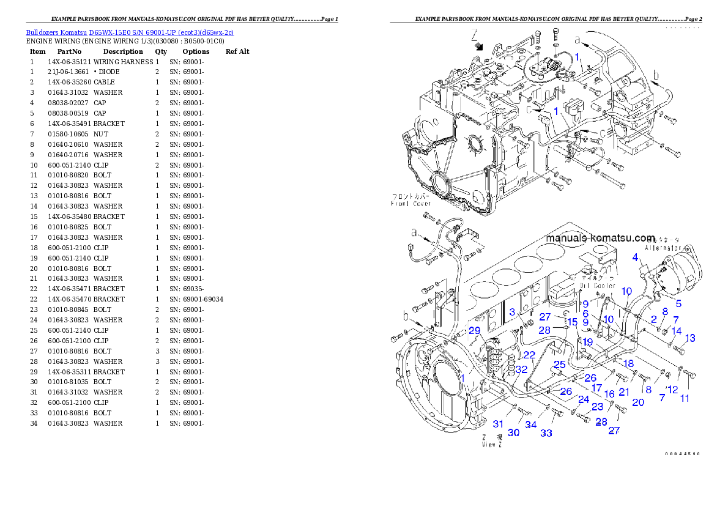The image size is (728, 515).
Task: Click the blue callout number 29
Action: tap(474, 330)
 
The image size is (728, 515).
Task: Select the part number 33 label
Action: tap(546, 433)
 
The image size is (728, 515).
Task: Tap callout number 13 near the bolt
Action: tap(690, 338)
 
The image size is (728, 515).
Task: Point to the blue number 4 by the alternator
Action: tap(636, 257)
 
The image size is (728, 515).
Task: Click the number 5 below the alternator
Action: tap(678, 303)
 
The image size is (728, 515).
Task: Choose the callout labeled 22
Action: tap(529, 355)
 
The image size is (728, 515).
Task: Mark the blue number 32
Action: tap(521, 369)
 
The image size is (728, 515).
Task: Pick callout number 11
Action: tap(684, 398)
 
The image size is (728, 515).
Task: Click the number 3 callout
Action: tap(512, 312)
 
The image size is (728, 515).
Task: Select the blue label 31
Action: tap(499, 424)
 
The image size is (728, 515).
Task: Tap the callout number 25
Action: tap(559, 365)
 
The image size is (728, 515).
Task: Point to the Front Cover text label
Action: tap(411, 204)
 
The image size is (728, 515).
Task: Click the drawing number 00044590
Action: tap(683, 454)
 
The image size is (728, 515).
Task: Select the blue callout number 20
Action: tap(638, 402)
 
